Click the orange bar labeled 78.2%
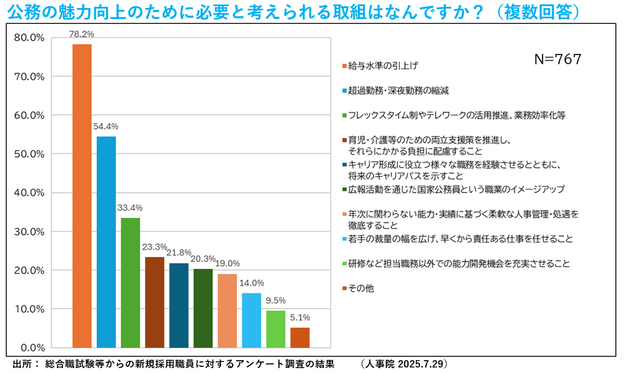pyautogui.click(x=82, y=196)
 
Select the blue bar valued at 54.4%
pyautogui.click(x=106, y=242)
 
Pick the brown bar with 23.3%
pyautogui.click(x=154, y=303)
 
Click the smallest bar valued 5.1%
pyautogui.click(x=300, y=337)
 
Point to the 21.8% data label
pyautogui.click(x=179, y=252)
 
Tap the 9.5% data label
pyautogui.click(x=276, y=301)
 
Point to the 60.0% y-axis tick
pyautogui.click(x=29, y=115)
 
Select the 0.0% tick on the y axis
pyautogui.click(x=31, y=348)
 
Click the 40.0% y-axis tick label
pyautogui.click(x=29, y=193)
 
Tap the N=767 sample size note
pyautogui.click(x=557, y=59)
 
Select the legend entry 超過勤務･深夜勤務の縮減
pyautogui.click(x=398, y=91)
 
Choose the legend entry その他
pyautogui.click(x=361, y=288)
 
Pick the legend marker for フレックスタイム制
pyautogui.click(x=345, y=115)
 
